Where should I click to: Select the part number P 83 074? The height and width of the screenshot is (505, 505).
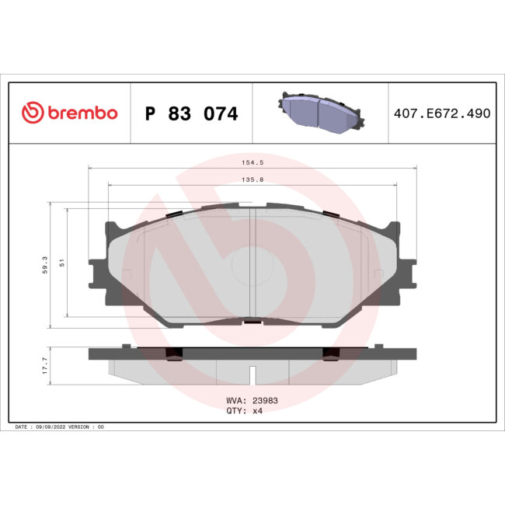[192, 114]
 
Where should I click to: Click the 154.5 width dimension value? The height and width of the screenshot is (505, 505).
[252, 164]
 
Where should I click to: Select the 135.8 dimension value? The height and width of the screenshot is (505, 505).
[252, 181]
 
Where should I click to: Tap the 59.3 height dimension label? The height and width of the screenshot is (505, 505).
[46, 265]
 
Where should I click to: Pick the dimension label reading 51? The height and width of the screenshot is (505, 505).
[61, 264]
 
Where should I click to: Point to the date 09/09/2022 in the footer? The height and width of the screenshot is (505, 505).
[61, 427]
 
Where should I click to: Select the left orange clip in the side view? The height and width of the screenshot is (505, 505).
[176, 353]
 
